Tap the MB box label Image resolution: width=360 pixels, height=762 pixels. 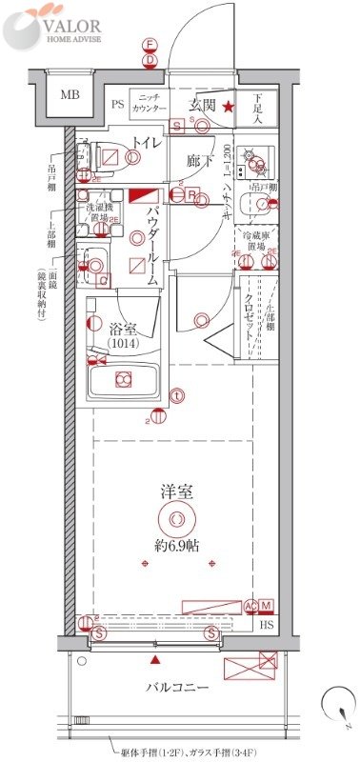70,94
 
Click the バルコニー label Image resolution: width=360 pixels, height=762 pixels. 177,686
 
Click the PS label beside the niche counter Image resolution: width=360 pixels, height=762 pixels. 118,105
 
